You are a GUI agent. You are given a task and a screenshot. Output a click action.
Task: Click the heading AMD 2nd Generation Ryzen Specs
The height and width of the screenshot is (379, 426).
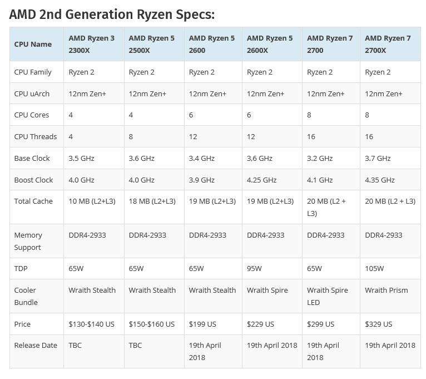pyautogui.click(x=112, y=14)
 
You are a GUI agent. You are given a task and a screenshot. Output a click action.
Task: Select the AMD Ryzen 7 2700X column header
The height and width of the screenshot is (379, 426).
pyautogui.click(x=388, y=44)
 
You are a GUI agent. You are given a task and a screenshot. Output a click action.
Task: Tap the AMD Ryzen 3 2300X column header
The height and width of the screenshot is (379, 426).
pyautogui.click(x=92, y=44)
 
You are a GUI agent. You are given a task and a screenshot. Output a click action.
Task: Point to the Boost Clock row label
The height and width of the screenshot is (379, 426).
pyautogui.click(x=33, y=180)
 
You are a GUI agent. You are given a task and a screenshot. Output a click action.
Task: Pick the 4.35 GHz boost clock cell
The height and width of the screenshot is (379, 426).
pyautogui.click(x=380, y=180)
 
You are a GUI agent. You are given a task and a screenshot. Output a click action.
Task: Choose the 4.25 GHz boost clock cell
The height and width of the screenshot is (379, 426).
pyautogui.click(x=261, y=180)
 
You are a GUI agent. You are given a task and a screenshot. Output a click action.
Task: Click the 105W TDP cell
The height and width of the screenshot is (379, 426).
pyautogui.click(x=374, y=268)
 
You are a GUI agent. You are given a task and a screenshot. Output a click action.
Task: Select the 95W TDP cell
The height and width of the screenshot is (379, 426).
pyautogui.click(x=254, y=268)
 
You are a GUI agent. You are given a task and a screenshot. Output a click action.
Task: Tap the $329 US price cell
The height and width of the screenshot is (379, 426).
pyautogui.click(x=378, y=324)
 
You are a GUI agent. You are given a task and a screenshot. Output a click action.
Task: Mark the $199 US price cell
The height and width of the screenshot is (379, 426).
pyautogui.click(x=202, y=324)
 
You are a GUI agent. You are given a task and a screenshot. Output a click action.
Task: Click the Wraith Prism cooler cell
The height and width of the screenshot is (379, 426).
pyautogui.click(x=386, y=290)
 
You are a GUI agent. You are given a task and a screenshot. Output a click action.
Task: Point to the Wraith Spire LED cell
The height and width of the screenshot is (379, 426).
pyautogui.click(x=327, y=296)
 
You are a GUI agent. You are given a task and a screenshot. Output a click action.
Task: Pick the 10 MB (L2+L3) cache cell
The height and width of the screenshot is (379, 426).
pyautogui.click(x=92, y=201)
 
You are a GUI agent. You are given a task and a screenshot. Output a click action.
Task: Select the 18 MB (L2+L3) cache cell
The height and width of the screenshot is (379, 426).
pyautogui.click(x=152, y=201)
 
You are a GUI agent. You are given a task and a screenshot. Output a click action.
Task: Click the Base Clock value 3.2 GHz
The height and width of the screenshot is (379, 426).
pyautogui.click(x=320, y=158)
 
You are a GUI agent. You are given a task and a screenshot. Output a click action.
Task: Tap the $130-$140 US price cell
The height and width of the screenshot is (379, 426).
pyautogui.click(x=92, y=324)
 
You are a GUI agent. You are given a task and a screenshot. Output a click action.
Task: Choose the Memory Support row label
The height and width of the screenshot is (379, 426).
pyautogui.click(x=28, y=241)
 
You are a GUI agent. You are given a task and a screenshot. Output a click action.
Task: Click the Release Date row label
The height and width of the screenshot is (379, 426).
pyautogui.click(x=36, y=345)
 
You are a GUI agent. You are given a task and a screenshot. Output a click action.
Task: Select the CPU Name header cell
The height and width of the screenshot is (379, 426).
pyautogui.click(x=33, y=44)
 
